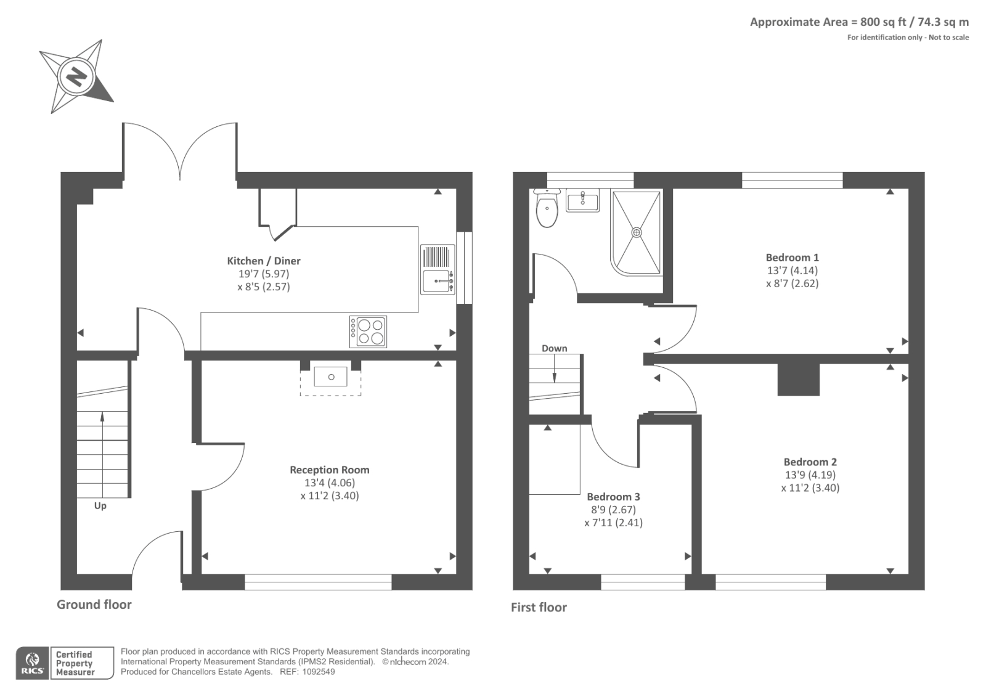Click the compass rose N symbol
(76, 76)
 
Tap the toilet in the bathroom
(547, 210)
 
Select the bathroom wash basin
(582, 200)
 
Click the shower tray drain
(637, 232)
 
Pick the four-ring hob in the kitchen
(369, 332)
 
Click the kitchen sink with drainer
(438, 270)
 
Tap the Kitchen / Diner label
(264, 261)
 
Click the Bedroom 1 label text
(792, 258)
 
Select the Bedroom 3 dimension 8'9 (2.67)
(613, 510)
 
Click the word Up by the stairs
(100, 506)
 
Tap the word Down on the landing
(554, 348)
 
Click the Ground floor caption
(94, 605)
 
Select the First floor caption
(539, 608)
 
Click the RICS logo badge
(33, 663)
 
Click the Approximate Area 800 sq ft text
(858, 22)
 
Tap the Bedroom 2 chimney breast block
(799, 380)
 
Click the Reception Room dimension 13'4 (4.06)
(330, 483)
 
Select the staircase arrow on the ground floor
(102, 417)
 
